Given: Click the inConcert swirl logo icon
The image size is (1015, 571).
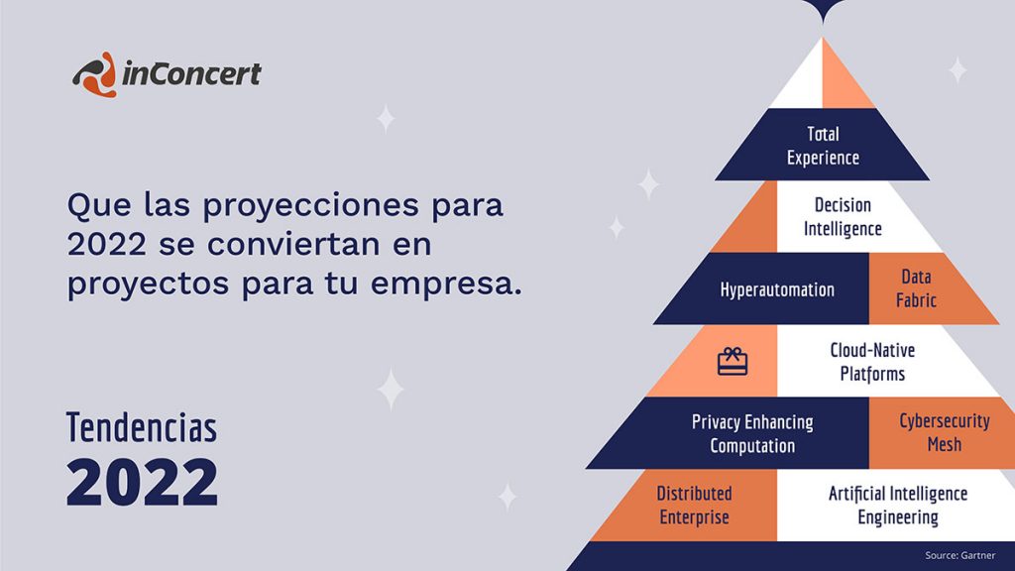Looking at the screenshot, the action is coord(94,74).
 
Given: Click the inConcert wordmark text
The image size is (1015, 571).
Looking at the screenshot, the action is coord(191,73).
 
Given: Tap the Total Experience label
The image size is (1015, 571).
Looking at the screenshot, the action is coord(823,146).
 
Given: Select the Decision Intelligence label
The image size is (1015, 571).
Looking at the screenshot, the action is coord(843,217).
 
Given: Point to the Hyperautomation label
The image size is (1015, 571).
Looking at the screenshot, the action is coord(777,289).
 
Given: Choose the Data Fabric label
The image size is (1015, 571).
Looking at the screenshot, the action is coord(916,288).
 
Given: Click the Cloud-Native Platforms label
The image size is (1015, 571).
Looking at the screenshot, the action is coord(872,362).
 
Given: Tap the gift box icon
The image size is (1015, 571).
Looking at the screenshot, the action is coord(733,361).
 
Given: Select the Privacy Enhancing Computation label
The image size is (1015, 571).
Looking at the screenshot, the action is coord(752,434).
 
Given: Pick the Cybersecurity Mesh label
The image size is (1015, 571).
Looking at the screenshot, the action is coord(944,432).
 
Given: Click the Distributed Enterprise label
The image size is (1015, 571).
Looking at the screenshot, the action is coord(694,505).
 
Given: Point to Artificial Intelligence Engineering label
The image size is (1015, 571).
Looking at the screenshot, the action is coord(898,505).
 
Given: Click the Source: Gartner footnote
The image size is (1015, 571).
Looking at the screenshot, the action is coord(959,555).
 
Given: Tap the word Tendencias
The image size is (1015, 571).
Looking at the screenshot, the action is coord(142,427).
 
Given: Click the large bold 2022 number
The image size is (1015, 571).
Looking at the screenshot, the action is coord(143,482).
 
